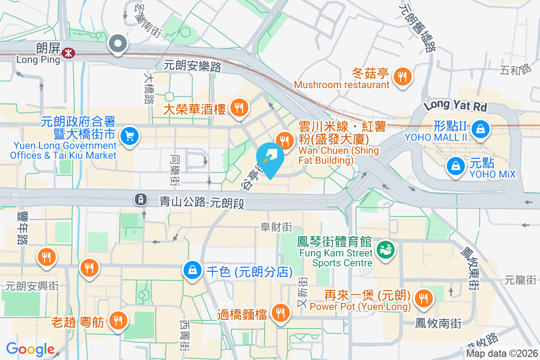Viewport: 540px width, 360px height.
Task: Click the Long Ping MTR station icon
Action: coord(68,53)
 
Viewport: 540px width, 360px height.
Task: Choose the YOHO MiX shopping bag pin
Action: coord(456,166)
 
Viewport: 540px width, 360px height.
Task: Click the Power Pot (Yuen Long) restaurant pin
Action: coord(423,297)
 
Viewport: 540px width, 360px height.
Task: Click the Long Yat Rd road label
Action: coord(455,106)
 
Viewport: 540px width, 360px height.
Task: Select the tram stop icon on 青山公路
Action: coord(141,199)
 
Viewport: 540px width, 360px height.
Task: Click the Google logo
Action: coord(30,349)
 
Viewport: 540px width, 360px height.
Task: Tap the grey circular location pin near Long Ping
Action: coord(118,44)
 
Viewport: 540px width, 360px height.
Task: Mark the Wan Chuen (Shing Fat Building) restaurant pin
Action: coord(284,139)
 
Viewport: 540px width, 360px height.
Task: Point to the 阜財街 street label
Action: coord(276,228)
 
